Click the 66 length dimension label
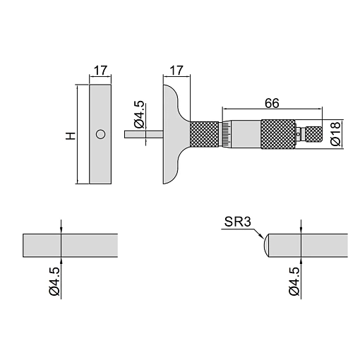coord(272,103)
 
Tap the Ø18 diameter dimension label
coord(335,134)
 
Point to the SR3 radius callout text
coord(238,222)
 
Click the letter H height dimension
coord(71,136)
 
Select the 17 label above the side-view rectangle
coord(100,71)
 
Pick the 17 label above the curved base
coord(176,71)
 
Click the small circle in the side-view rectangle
coord(100,134)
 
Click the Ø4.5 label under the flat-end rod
coord(54,282)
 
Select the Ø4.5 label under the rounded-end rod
coord(294,282)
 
